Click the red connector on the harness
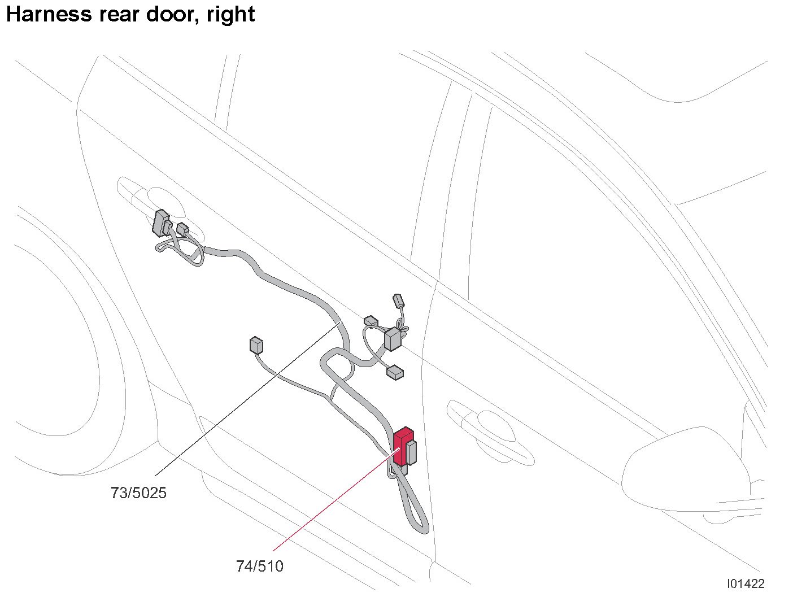click(x=402, y=445)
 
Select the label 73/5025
click(x=138, y=493)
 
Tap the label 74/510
click(x=259, y=566)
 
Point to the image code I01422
click(x=745, y=583)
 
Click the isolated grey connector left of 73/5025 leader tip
click(x=255, y=345)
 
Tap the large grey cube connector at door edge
click(x=393, y=339)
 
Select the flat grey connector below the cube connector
click(x=395, y=372)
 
